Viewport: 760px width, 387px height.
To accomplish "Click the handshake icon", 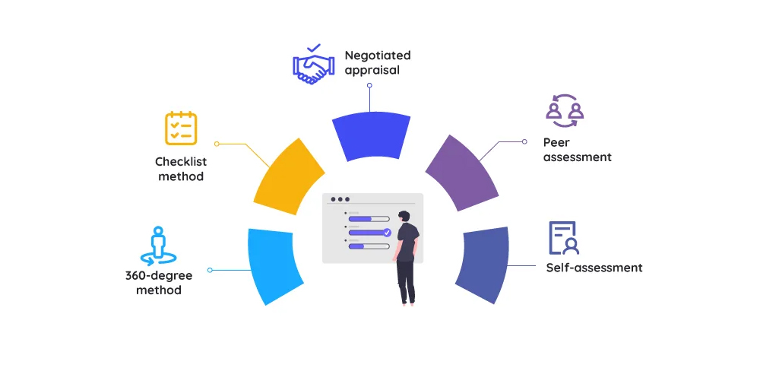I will pyautogui.click(x=312, y=65).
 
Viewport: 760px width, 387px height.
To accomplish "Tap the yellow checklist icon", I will pyautogui.click(x=181, y=128).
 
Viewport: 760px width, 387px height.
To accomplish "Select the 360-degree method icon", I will pyautogui.click(x=158, y=246).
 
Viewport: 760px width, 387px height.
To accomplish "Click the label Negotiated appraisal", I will pyautogui.click(x=377, y=62).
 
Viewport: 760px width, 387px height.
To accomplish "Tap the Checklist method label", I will pyautogui.click(x=181, y=169).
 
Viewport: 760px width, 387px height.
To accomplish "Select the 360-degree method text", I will pyautogui.click(x=159, y=282).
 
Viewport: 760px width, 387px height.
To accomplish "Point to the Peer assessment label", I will pyautogui.click(x=577, y=150).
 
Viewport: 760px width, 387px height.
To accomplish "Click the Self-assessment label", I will pyautogui.click(x=594, y=268).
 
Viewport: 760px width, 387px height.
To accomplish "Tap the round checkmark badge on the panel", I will pyautogui.click(x=387, y=233).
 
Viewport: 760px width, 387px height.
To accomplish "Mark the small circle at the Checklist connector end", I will pyautogui.click(x=217, y=143).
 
